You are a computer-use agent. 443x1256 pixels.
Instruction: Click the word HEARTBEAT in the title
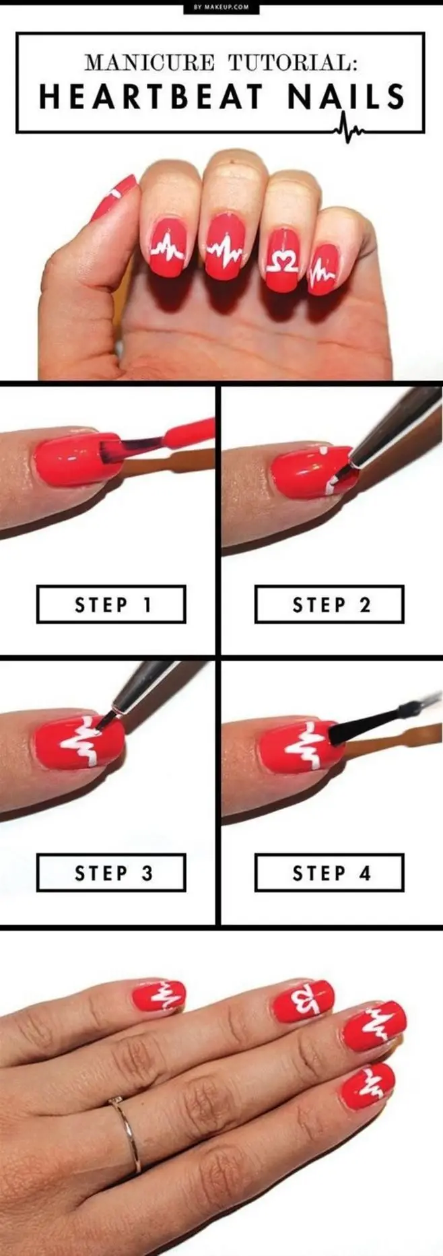151,98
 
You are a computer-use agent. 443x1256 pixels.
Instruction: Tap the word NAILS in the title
346,98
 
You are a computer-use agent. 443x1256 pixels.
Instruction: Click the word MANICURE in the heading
149,63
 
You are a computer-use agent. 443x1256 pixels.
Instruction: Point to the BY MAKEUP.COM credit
221,7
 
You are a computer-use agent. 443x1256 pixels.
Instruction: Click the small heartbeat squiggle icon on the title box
347,128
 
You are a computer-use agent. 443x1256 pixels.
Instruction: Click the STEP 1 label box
111,604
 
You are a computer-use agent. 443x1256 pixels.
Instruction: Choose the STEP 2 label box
329,604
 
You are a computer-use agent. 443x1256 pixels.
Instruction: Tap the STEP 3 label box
111,873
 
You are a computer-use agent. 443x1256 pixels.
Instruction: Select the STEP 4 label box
329,873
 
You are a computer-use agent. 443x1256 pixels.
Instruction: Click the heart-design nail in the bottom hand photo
303,1001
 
